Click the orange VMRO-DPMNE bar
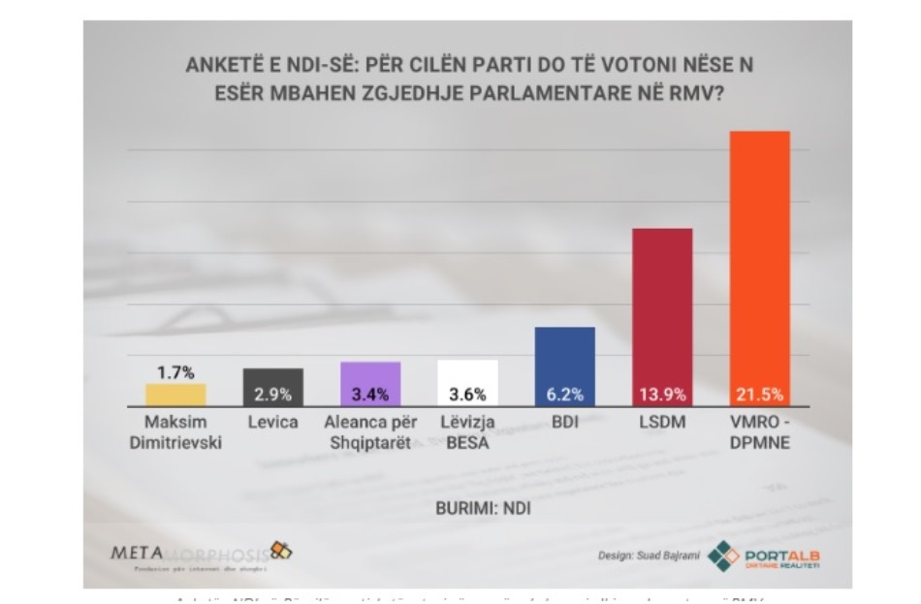click(x=759, y=262)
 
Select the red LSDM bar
click(x=662, y=310)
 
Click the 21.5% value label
click(x=759, y=395)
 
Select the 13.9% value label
click(x=662, y=395)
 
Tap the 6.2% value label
click(x=565, y=395)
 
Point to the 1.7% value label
click(x=175, y=372)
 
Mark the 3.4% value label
click(x=370, y=395)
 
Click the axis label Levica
click(x=272, y=423)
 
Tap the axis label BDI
click(x=565, y=423)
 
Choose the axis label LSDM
click(x=662, y=423)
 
